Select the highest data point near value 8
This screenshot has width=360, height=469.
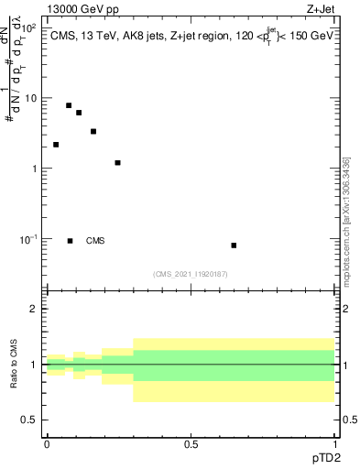pos(69,105)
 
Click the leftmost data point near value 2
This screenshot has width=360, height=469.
pos(56,145)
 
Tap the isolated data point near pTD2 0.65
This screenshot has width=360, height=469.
pos(234,245)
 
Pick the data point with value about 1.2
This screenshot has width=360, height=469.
pos(118,163)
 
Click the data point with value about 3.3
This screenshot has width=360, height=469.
pos(93,131)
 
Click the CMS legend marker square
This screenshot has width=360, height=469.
pos(71,241)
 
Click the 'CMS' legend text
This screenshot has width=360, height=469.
pos(95,241)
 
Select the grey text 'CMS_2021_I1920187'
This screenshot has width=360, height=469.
pos(190,274)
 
